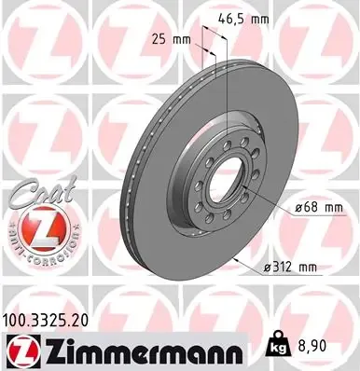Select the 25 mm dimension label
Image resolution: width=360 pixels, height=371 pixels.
[x=169, y=38]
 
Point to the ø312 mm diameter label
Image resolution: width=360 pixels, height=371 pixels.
[x=291, y=268]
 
